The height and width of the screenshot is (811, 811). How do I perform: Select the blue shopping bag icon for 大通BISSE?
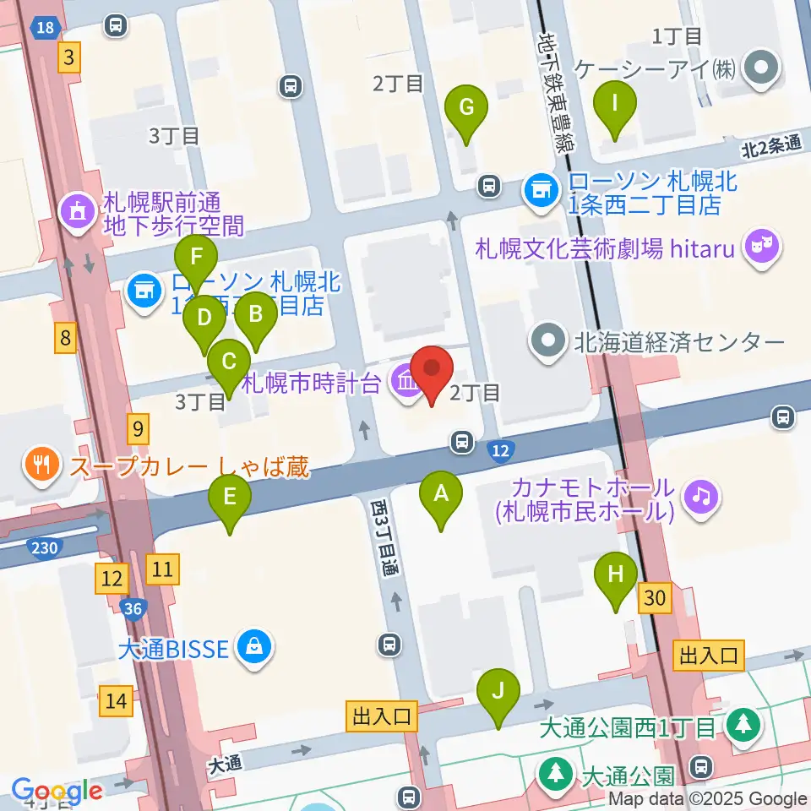click(x=252, y=649)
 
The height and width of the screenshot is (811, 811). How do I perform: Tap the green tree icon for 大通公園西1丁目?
click(x=744, y=725)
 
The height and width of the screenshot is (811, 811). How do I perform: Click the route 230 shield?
click(x=44, y=549)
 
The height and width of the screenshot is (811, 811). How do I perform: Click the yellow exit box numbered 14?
click(x=116, y=700)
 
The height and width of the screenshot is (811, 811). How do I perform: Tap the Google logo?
click(x=57, y=792)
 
